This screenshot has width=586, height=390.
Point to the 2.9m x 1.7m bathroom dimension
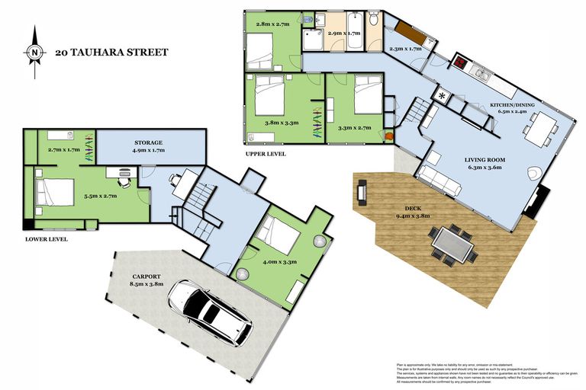pos(343,34)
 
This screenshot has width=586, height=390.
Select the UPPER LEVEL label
pos(266,154)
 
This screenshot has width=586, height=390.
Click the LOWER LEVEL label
pos(45,238)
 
